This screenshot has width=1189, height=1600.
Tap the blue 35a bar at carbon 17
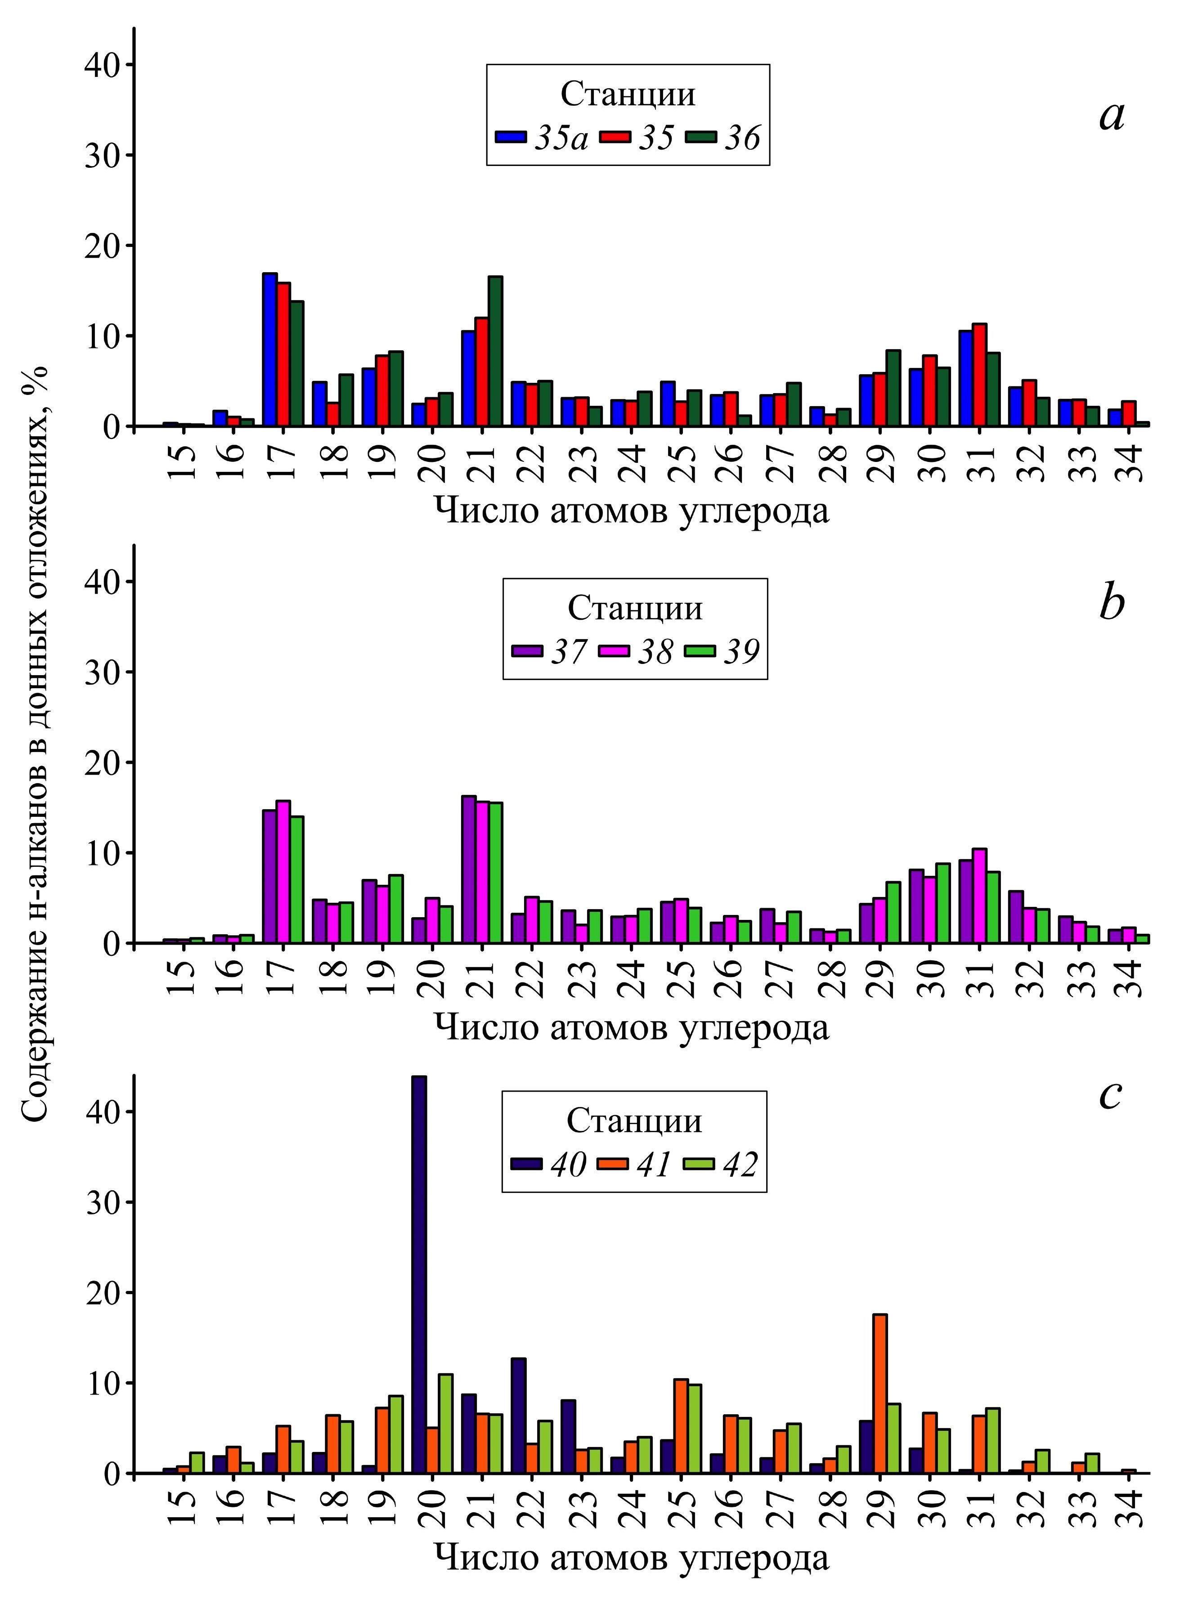pyautogui.click(x=270, y=350)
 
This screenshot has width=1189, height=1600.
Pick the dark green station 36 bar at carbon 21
pyautogui.click(x=495, y=351)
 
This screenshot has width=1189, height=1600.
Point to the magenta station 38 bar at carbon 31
pyautogui.click(x=979, y=896)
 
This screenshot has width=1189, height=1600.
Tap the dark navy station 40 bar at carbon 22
pyautogui.click(x=518, y=1415)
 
